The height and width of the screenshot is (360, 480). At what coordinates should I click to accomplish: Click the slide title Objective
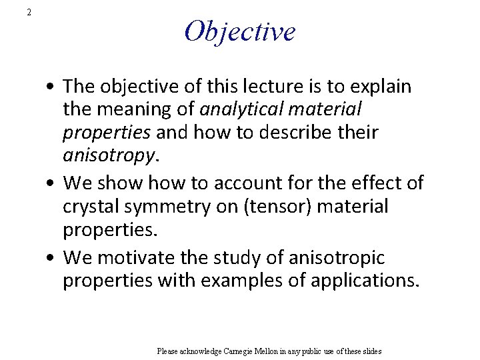pos(239,31)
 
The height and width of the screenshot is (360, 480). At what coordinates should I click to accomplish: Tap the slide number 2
pos(29,12)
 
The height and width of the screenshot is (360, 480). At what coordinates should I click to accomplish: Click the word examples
pos(231,281)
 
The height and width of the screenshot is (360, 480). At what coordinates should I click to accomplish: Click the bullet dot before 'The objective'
pos(51,87)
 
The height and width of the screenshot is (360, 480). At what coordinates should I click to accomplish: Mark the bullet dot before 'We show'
pos(51,183)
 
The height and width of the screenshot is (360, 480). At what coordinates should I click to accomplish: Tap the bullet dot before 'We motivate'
pos(51,258)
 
